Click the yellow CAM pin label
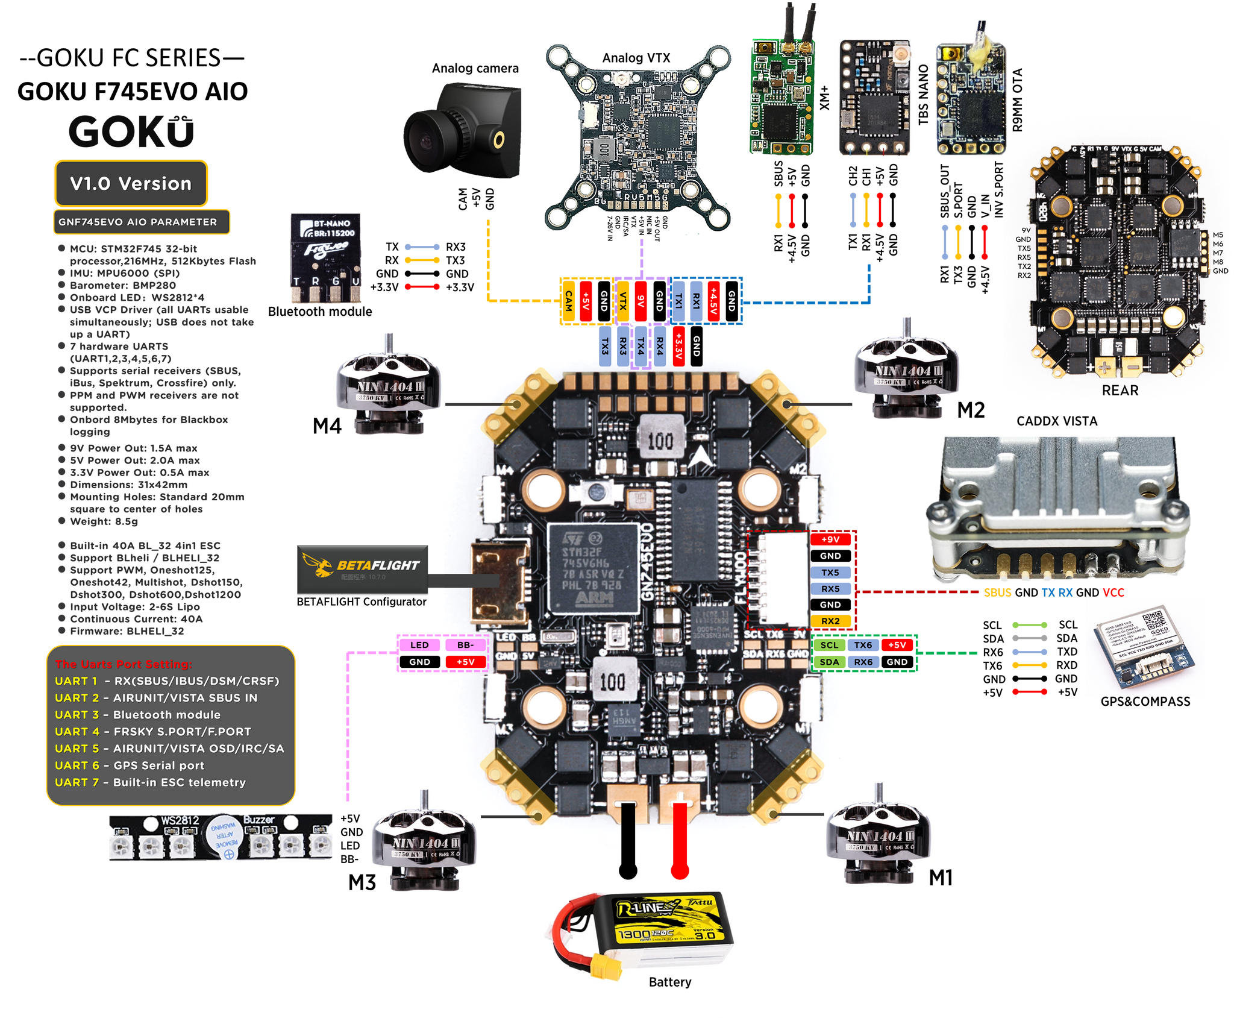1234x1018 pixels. pyautogui.click(x=568, y=301)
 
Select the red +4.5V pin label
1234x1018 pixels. pyautogui.click(x=713, y=301)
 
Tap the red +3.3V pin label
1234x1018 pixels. pyautogui.click(x=678, y=346)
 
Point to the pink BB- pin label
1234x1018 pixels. pyautogui.click(x=465, y=645)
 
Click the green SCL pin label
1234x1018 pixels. pyautogui.click(x=829, y=645)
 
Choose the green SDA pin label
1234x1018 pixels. pyautogui.click(x=829, y=662)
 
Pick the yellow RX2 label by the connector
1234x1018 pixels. pyautogui.click(x=830, y=621)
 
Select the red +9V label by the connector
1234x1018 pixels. pyautogui.click(x=830, y=539)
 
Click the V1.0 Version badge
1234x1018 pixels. pyautogui.click(x=131, y=183)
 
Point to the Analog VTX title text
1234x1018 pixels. pyautogui.click(x=636, y=58)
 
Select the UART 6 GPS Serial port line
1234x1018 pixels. pyautogui.click(x=130, y=765)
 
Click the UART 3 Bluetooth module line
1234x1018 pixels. pyautogui.click(x=137, y=715)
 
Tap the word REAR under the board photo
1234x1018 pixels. pyautogui.click(x=1120, y=391)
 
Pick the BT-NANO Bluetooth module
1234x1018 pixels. pyautogui.click(x=327, y=258)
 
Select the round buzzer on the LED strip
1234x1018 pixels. pyautogui.click(x=224, y=837)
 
